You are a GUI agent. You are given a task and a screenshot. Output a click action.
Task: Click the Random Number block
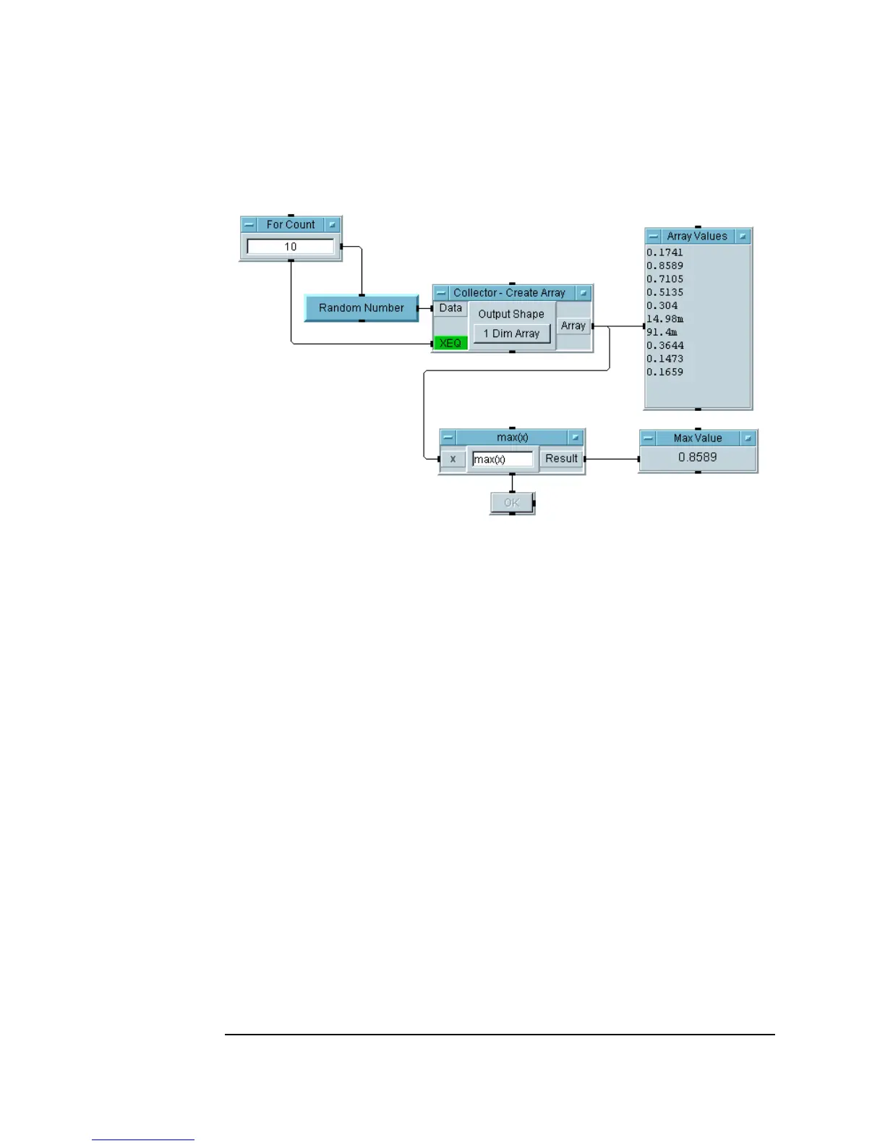click(x=362, y=308)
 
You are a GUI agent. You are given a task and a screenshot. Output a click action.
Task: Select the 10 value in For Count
click(x=291, y=247)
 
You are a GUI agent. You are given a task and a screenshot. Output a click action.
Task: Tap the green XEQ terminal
click(x=450, y=343)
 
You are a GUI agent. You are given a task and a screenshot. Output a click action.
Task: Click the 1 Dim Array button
click(x=511, y=334)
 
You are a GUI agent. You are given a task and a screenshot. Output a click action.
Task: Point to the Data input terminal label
click(x=450, y=308)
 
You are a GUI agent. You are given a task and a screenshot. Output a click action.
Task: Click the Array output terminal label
click(x=573, y=326)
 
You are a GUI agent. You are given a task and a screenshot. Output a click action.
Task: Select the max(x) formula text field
click(x=503, y=459)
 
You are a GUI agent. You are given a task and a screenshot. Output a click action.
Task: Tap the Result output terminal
click(x=561, y=459)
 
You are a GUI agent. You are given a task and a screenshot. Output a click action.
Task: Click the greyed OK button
click(x=512, y=503)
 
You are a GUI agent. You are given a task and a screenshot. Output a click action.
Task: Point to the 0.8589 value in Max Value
click(x=698, y=457)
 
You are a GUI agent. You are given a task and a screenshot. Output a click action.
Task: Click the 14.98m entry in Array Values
click(x=665, y=319)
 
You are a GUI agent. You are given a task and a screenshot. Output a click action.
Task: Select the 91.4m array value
click(x=662, y=332)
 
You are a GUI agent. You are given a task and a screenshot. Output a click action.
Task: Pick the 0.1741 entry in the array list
click(x=665, y=252)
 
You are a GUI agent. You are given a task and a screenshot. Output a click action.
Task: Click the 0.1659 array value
click(x=665, y=372)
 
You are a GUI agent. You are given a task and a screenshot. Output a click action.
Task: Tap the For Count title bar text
click(x=291, y=224)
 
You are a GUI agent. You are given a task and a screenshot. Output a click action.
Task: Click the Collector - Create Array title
click(x=509, y=293)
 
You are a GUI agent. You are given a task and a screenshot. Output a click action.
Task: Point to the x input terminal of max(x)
click(x=453, y=459)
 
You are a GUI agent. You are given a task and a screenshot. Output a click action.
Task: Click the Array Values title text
click(x=697, y=236)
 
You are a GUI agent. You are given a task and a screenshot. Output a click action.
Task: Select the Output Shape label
click(x=511, y=314)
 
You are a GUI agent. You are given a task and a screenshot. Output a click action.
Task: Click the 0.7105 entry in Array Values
click(x=665, y=279)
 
